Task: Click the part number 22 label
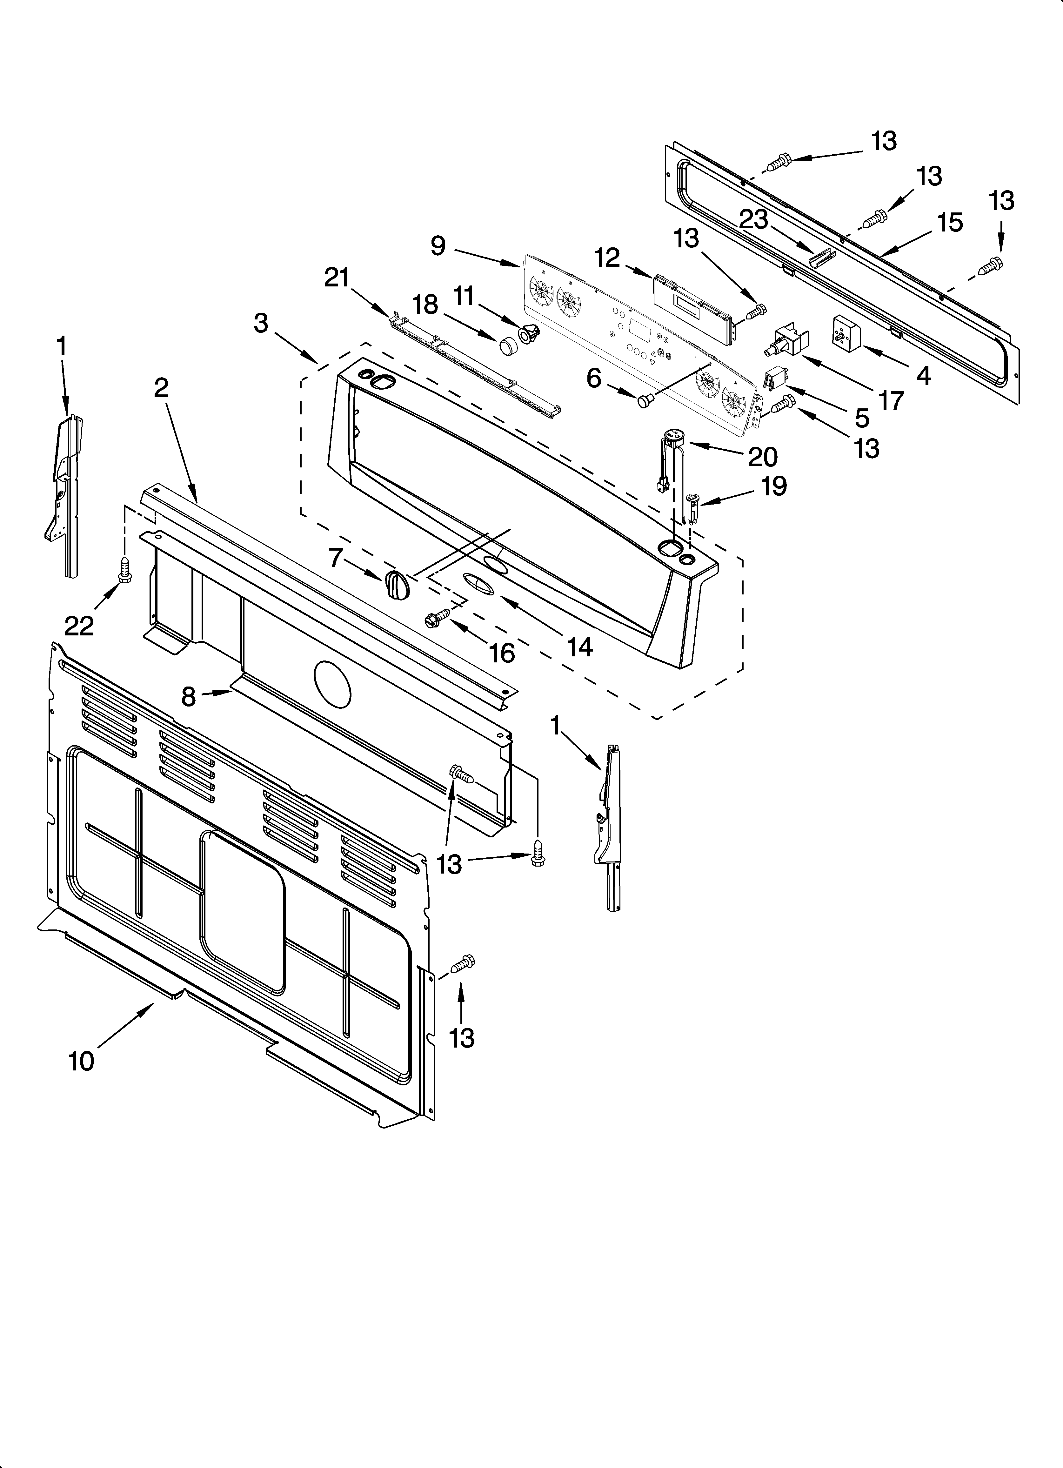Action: [x=79, y=625]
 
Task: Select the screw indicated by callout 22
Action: [x=124, y=568]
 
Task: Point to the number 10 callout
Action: [x=82, y=1061]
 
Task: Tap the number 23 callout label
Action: [x=753, y=220]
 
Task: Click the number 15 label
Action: [x=950, y=222]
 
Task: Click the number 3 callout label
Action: [x=261, y=322]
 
